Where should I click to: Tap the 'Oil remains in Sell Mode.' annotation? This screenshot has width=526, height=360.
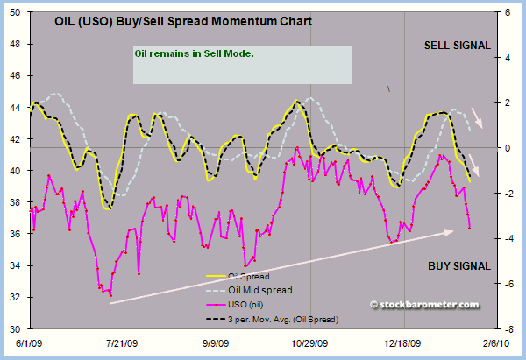point(194,53)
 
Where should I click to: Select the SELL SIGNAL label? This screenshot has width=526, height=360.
point(458,46)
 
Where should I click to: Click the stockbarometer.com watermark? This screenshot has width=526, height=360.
point(425,305)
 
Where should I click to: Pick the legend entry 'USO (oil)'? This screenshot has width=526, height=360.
point(250,304)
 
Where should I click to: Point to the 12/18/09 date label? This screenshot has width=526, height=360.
point(405,345)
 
